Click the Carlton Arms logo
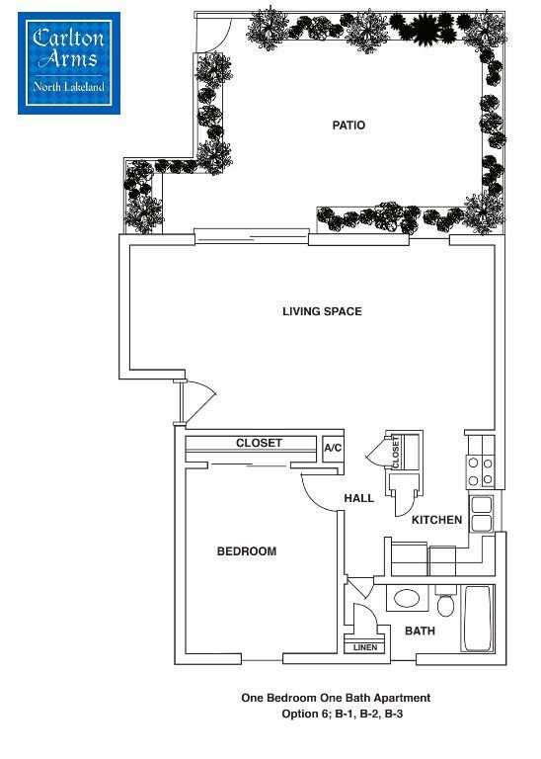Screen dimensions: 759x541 69,62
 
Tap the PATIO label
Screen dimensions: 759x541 348,126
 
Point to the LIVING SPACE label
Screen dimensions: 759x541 322,311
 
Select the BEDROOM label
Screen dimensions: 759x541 247,551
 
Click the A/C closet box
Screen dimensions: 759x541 333,449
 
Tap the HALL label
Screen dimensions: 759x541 359,498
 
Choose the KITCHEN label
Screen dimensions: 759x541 437,520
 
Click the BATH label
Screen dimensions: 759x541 420,631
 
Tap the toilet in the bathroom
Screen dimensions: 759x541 445,602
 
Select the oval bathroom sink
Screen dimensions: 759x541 405,599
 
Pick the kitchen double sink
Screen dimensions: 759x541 481,514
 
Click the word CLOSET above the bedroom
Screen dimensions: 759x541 259,444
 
